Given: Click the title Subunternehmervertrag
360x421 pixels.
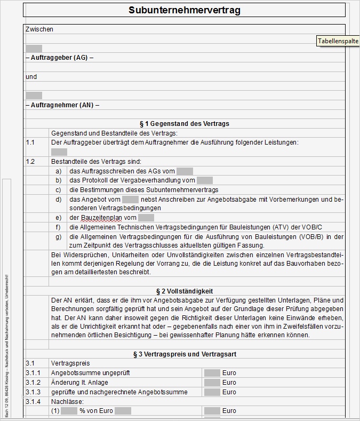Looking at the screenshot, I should coord(184,10).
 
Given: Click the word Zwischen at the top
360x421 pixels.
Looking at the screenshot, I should coord(39,29).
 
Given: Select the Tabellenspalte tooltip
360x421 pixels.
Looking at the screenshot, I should coord(338,41).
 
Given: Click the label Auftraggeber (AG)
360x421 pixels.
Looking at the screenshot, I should coord(59,58).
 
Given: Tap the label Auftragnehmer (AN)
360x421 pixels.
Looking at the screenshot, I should coord(62,105).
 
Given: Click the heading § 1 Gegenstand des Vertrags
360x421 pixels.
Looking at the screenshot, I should coord(184,124).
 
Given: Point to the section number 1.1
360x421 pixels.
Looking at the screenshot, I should coord(30,142).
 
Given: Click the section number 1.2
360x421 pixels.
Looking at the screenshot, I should coord(30,161).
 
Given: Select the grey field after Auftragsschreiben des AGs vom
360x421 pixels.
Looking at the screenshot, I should coord(185,171).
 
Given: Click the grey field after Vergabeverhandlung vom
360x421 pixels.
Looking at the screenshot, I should coord(204,180).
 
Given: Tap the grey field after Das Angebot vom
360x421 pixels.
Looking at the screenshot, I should coord(130,199).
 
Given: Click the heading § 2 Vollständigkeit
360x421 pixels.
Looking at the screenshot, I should coord(184,291).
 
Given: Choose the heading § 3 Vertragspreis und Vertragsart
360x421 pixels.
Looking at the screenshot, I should coord(184,354).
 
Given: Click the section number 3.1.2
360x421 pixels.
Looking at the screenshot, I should coord(33,383).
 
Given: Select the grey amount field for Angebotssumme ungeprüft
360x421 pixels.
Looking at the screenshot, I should coord(212,373).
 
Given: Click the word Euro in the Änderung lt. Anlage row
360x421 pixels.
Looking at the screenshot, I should coord(229,383).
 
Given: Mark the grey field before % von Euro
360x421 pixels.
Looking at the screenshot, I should coord(69,411).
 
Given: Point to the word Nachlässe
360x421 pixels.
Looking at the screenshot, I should coord(65,402).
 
